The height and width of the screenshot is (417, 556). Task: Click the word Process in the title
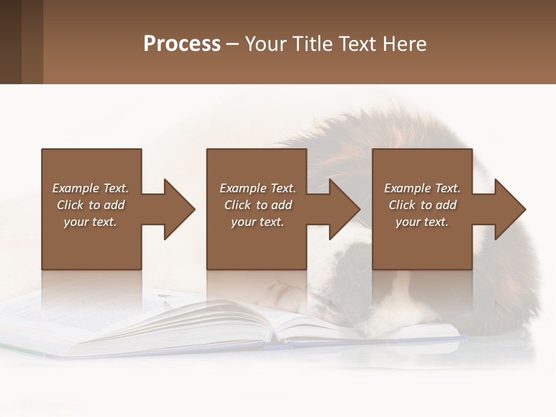click(182, 44)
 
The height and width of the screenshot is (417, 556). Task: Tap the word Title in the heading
click(311, 44)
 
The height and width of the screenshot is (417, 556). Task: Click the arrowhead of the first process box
click(178, 209)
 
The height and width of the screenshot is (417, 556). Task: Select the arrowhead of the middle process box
click(344, 209)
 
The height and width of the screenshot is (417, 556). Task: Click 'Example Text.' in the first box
click(90, 188)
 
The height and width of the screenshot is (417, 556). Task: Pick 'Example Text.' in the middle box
click(258, 188)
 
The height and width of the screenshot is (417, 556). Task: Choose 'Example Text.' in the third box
click(422, 188)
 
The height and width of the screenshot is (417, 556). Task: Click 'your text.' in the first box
click(90, 222)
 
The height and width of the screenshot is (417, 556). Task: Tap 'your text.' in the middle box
click(258, 222)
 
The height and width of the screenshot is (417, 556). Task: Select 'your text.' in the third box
click(422, 222)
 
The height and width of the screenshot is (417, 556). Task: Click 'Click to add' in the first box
click(90, 205)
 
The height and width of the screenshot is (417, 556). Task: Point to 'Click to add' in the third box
click(422, 205)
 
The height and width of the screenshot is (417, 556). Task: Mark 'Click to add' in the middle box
click(258, 205)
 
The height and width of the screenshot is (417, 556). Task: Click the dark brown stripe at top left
click(10, 42)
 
